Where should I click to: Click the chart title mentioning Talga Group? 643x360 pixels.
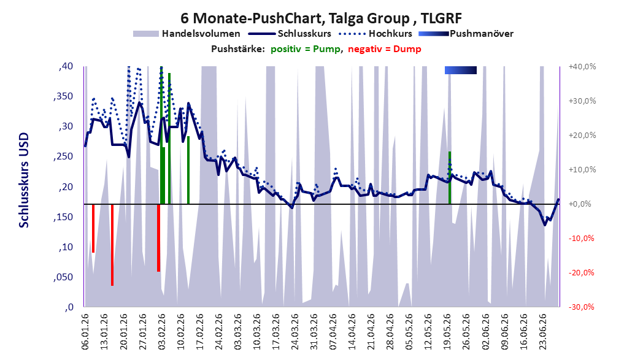(321, 18)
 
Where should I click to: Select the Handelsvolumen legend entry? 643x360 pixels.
(187, 34)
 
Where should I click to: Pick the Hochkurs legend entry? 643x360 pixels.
(375, 34)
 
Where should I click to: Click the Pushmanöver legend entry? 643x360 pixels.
(466, 34)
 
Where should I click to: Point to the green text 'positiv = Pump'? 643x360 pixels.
(306, 49)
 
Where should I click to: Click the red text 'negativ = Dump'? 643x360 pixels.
(384, 49)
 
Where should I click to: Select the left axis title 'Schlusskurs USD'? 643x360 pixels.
(24, 180)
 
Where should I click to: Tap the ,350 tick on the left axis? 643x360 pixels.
(63, 96)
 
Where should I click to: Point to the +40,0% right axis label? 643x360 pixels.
(582, 66)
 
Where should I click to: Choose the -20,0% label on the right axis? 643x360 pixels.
(582, 273)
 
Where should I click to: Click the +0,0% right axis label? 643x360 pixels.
(582, 204)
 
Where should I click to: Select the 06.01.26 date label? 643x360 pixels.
(85, 331)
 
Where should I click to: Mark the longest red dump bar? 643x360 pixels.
(112, 245)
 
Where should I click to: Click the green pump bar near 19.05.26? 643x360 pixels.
(450, 177)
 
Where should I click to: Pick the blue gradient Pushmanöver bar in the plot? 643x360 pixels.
(461, 70)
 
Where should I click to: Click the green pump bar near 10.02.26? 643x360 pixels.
(188, 170)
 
